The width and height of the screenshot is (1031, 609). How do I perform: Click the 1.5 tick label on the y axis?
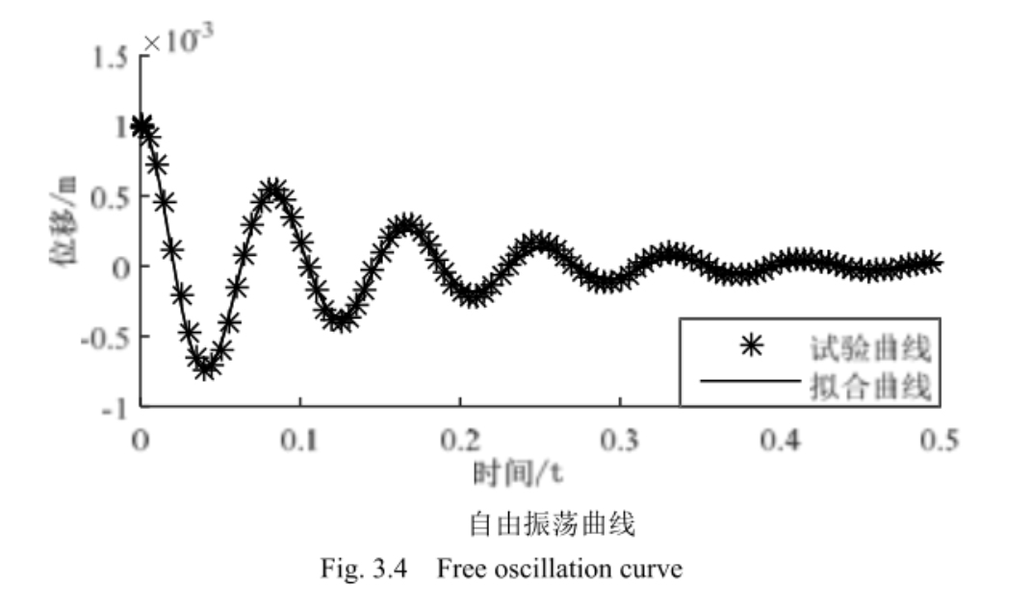(111, 57)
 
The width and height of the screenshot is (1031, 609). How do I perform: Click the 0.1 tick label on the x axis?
(300, 440)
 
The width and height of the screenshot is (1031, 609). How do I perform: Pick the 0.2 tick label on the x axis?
(460, 440)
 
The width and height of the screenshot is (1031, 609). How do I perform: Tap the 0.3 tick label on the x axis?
(620, 440)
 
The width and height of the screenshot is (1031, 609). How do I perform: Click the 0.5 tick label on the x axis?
(939, 440)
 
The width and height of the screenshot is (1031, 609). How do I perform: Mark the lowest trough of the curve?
(204, 367)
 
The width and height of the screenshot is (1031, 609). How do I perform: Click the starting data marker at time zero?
(142, 126)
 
